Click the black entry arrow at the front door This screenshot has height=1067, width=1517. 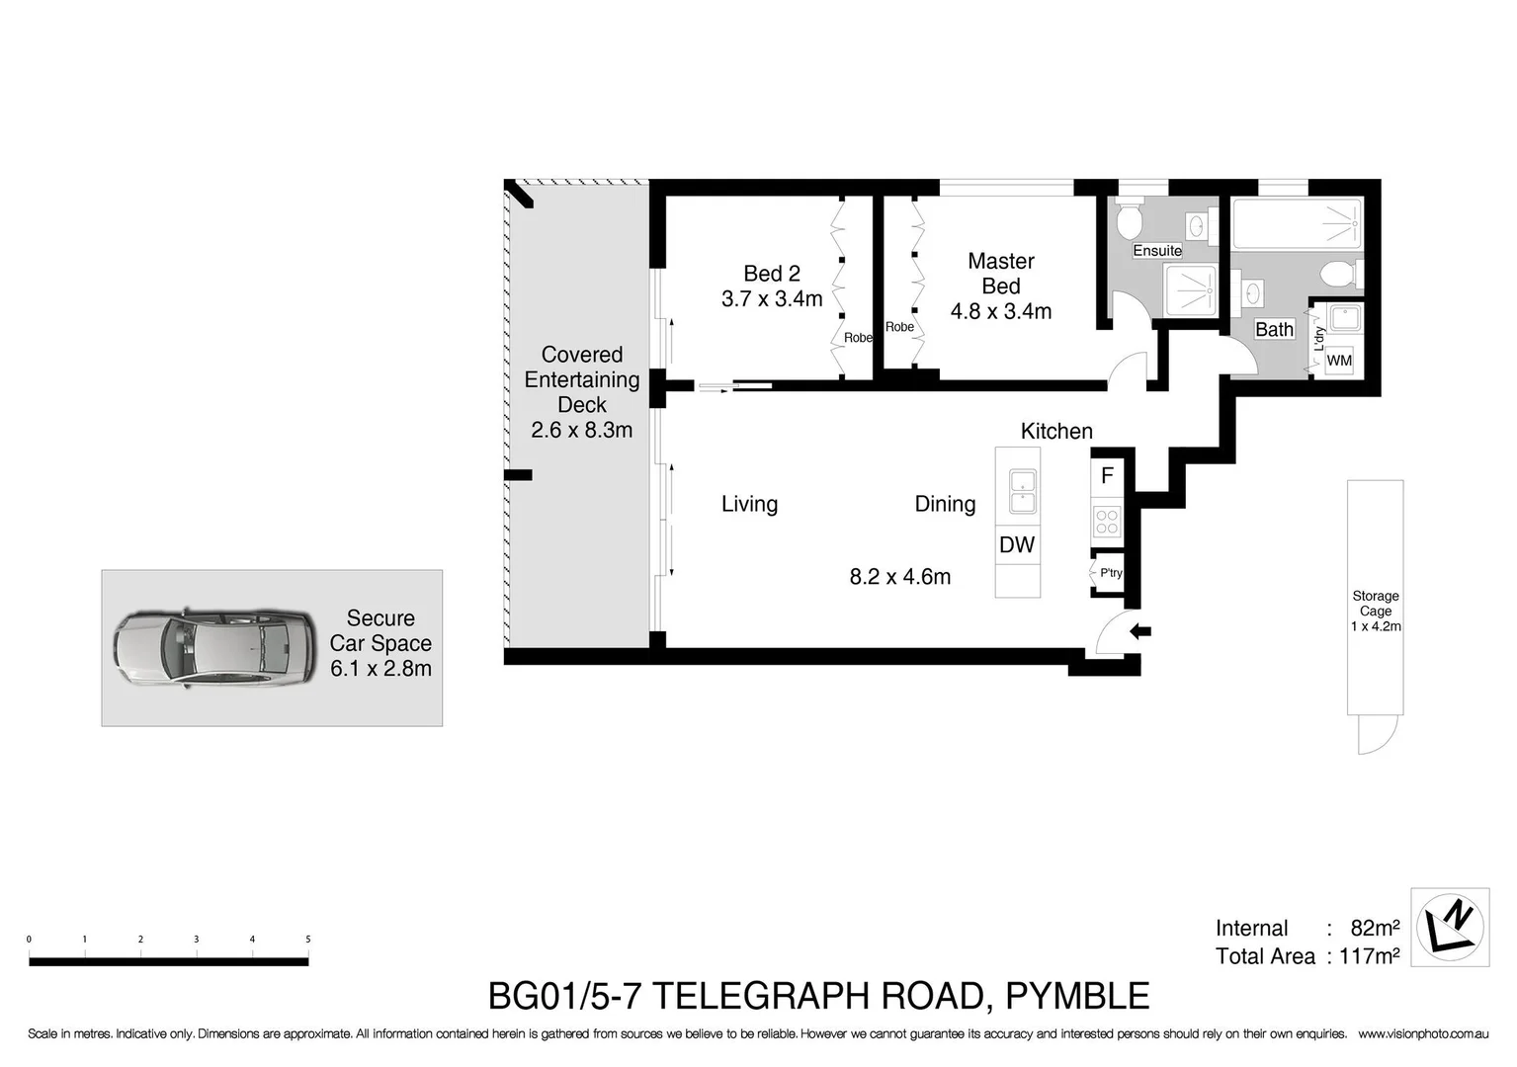click(x=1140, y=631)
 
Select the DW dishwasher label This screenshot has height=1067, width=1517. click(x=1017, y=544)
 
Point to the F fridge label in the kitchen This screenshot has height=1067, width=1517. click(x=1107, y=476)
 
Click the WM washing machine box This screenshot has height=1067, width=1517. click(x=1339, y=360)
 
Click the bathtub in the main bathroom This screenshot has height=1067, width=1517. click(x=1297, y=223)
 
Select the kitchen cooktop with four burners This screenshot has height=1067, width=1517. click(x=1107, y=521)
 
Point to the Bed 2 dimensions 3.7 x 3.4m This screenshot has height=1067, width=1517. click(x=772, y=298)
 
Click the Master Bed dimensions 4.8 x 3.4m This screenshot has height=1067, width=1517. click(x=1000, y=311)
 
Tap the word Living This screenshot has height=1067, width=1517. click(x=749, y=504)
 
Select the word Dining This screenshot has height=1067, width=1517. click(x=945, y=504)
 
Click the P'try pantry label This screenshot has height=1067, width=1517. click(x=1111, y=573)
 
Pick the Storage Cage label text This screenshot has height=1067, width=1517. click(x=1376, y=604)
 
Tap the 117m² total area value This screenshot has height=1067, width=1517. click(x=1369, y=956)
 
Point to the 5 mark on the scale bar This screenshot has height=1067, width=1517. click(x=308, y=940)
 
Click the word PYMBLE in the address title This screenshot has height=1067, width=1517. click(x=1077, y=996)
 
